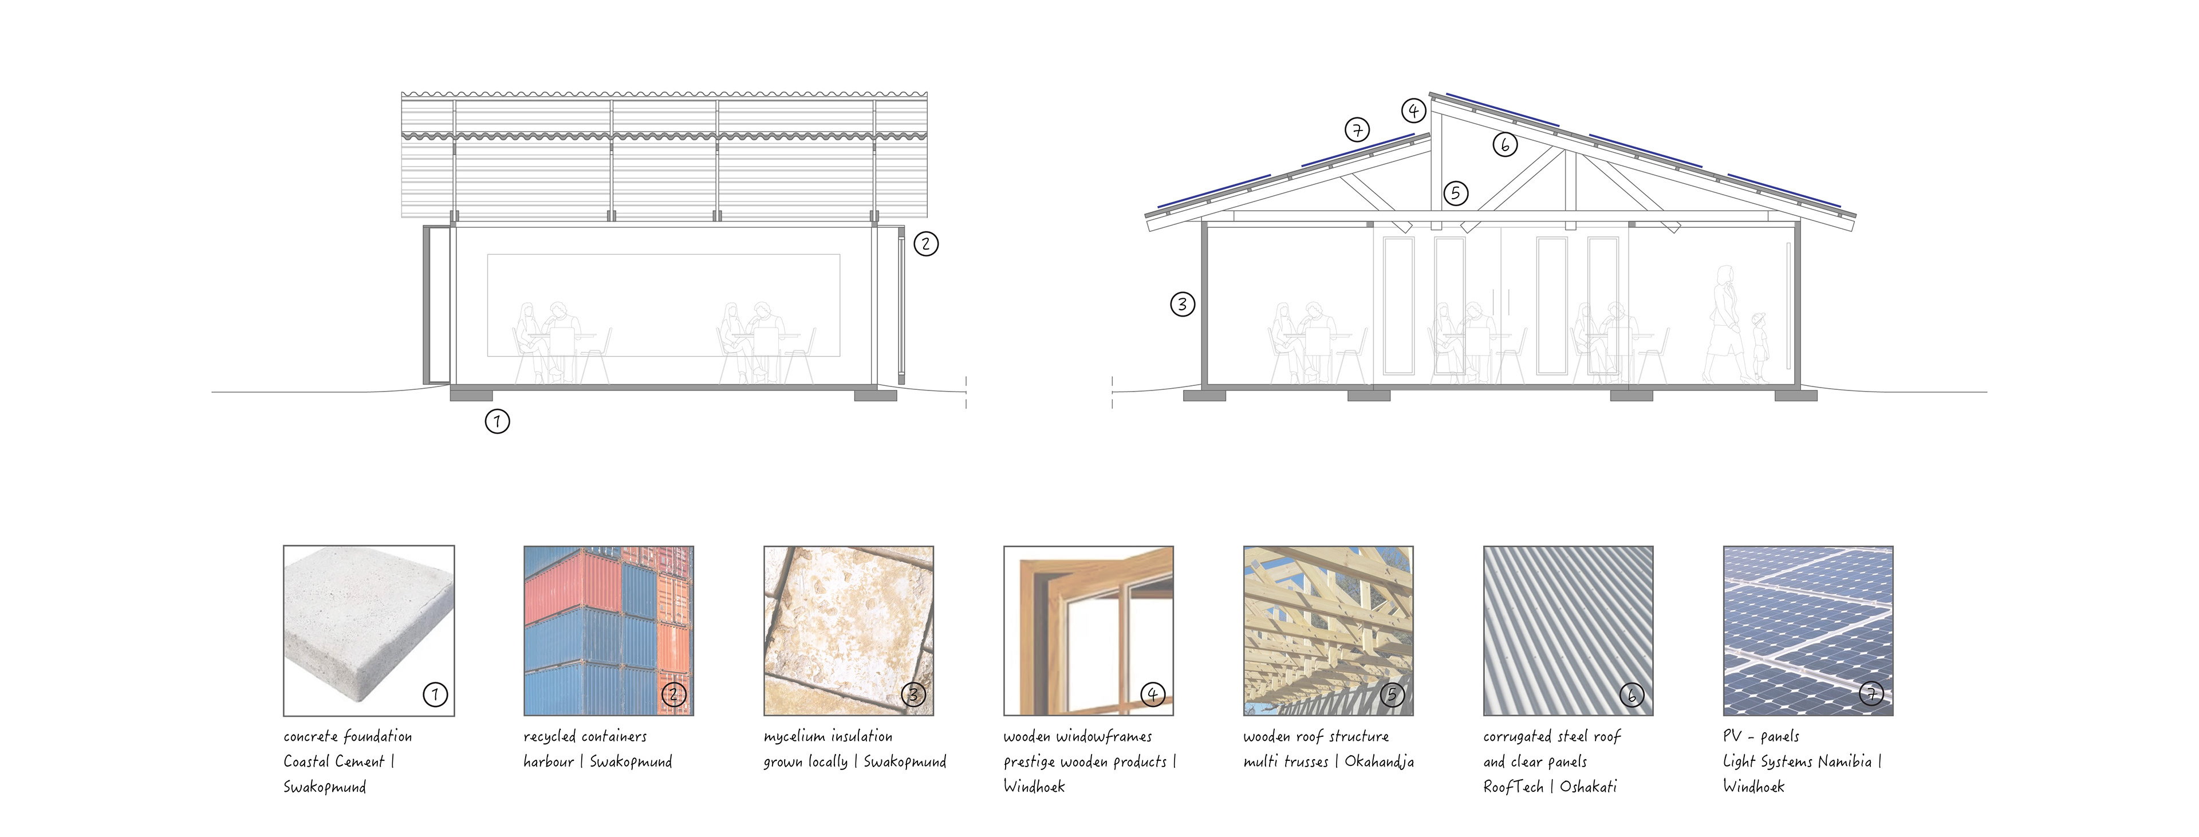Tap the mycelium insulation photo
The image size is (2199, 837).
click(849, 630)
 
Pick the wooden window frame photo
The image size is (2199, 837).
click(1089, 630)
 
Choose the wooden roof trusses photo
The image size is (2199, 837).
click(1329, 630)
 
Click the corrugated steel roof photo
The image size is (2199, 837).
click(1568, 630)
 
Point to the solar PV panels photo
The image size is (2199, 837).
click(1808, 630)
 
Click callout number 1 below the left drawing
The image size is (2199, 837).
click(497, 421)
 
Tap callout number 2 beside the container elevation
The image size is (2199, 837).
click(926, 244)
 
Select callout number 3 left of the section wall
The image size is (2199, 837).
click(1183, 304)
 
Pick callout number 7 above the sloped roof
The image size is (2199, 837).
click(1357, 130)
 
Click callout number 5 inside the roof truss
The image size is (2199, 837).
click(1456, 193)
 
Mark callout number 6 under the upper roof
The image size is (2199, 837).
click(1505, 144)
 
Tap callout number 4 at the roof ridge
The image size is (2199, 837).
click(1414, 110)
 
